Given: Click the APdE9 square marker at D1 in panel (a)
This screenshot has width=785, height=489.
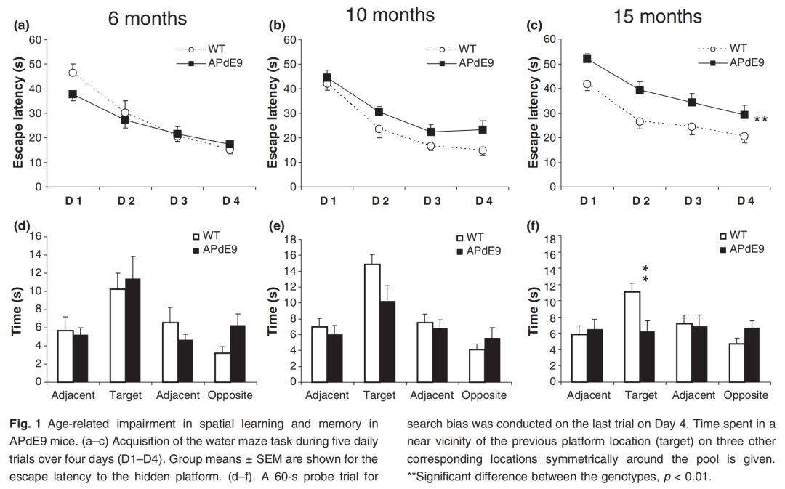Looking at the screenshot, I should pyautogui.click(x=73, y=94).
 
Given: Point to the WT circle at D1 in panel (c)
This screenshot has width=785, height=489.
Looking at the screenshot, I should pyautogui.click(x=587, y=84).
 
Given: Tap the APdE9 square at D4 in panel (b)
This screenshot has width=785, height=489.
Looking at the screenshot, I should pyautogui.click(x=483, y=129).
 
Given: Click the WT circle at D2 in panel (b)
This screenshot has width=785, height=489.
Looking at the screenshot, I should pyautogui.click(x=379, y=129).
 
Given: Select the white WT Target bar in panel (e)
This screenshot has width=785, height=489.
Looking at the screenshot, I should pyautogui.click(x=372, y=322).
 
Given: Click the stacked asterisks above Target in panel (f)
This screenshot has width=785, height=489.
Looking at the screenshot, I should pyautogui.click(x=645, y=275).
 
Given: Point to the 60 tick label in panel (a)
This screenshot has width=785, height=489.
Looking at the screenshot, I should pyautogui.click(x=33, y=39).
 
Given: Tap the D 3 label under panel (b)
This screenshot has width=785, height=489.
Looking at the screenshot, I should pyautogui.click(x=430, y=200).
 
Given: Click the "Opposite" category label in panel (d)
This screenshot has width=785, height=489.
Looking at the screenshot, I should pyautogui.click(x=230, y=395).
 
